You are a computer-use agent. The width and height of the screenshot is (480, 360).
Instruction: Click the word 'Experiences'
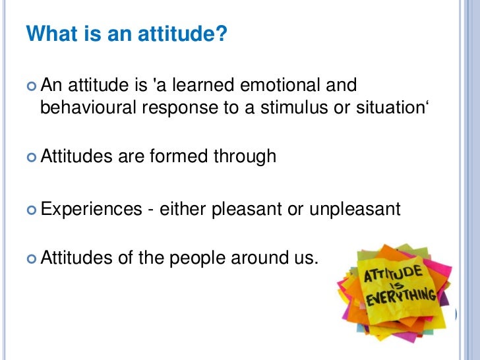coord(91,209)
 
